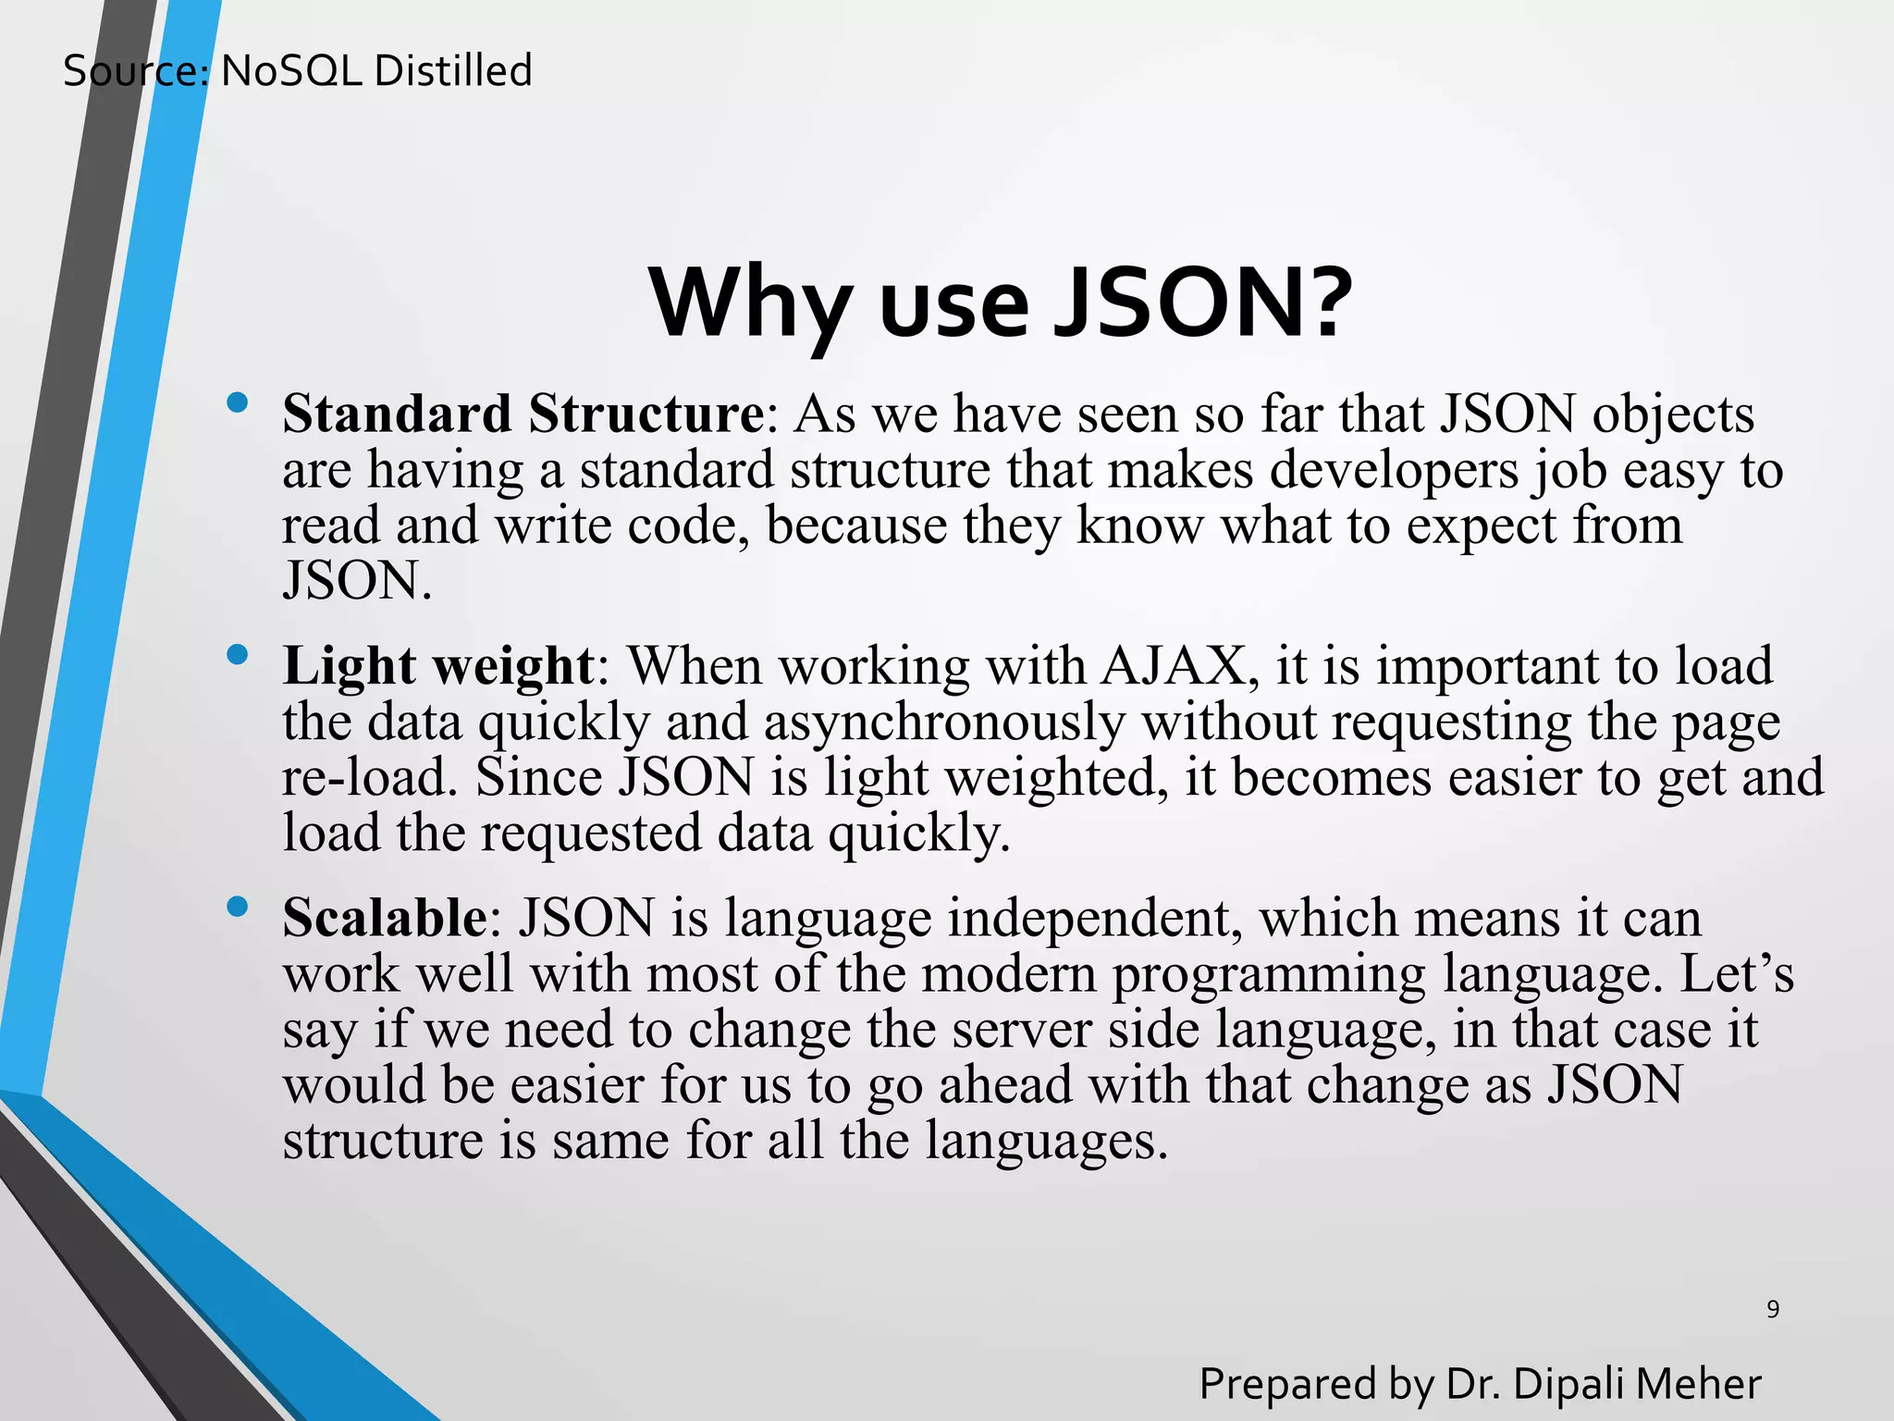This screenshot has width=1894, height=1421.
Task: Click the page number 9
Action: pos(1772,1309)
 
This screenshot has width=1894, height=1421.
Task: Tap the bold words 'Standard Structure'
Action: pos(523,414)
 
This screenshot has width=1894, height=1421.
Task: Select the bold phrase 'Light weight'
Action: pos(437,666)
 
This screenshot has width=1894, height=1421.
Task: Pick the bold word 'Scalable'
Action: pos(385,918)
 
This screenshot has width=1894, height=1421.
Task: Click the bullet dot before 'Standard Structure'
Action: pos(238,402)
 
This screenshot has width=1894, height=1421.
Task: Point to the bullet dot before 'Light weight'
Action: pos(238,655)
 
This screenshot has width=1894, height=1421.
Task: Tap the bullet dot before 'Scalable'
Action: pos(238,907)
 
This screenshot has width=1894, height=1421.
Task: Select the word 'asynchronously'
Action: pos(943,722)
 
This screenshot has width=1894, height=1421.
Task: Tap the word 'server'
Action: pos(1022,1030)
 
